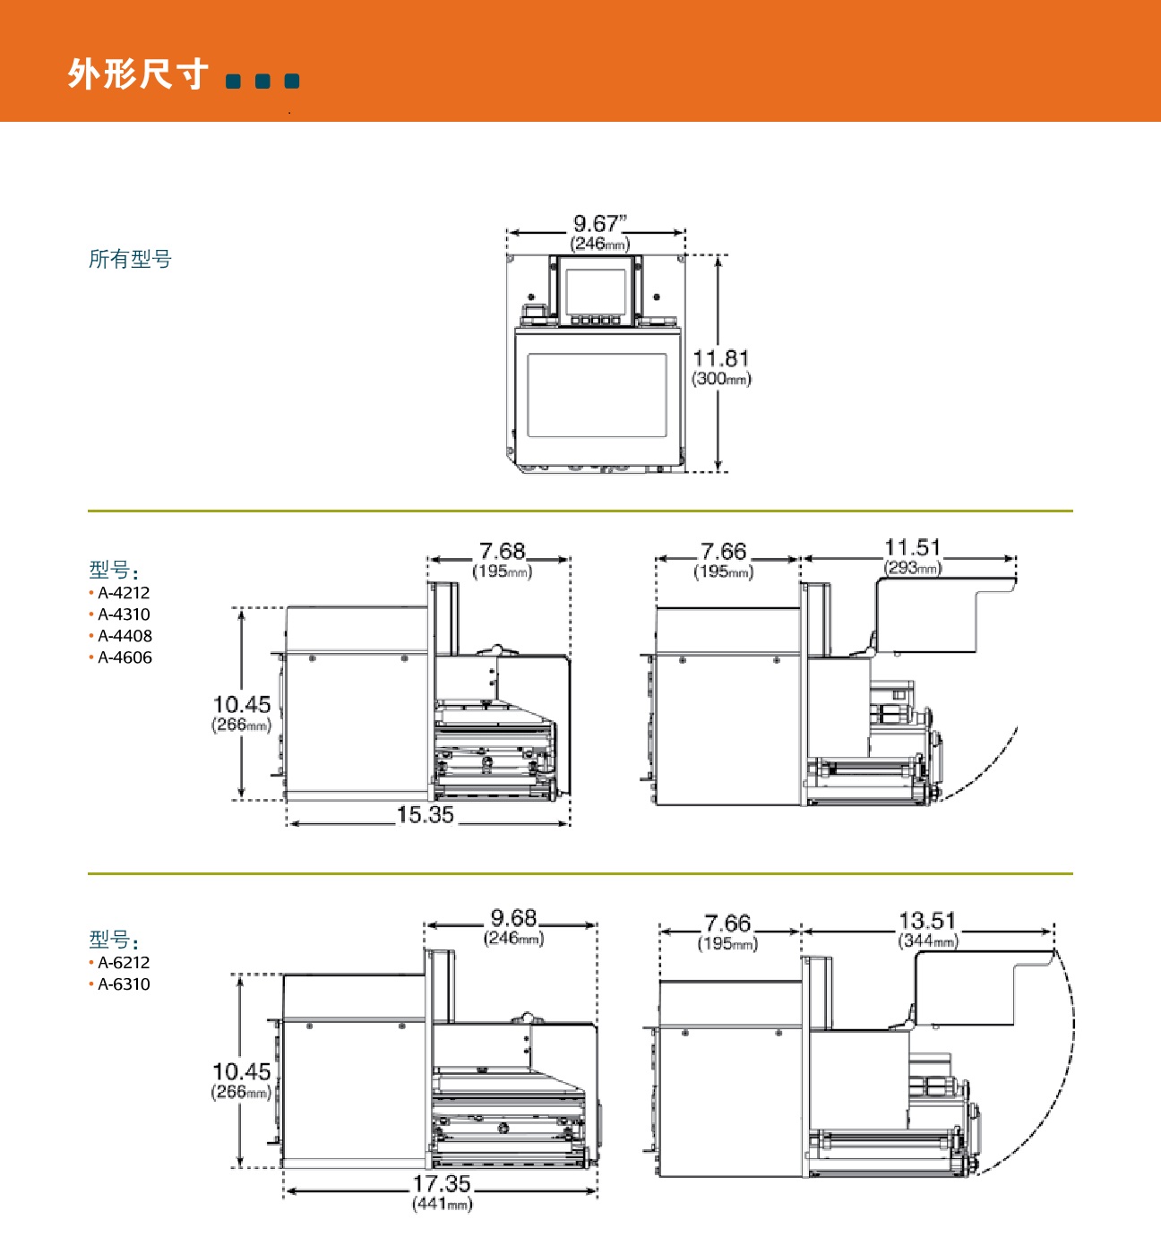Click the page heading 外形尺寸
pos(138,73)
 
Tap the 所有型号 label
pos(130,260)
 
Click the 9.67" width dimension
pos(599,223)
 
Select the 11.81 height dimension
pos(720,358)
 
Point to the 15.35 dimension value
pos(426,815)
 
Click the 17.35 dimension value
pos(442,1183)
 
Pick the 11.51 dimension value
pos(912,547)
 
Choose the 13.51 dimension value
pos(927,920)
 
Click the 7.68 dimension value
pos(502,551)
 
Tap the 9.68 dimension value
pos(513,918)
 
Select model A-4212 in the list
pos(124,593)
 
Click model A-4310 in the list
pos(124,614)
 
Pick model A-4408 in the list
pos(125,636)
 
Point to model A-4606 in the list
pos(125,657)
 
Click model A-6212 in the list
pos(124,963)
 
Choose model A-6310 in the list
pos(124,984)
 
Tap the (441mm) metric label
pos(442,1204)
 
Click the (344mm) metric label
pos(927,940)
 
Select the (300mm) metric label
pos(721,379)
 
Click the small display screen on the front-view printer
pos(596,291)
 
